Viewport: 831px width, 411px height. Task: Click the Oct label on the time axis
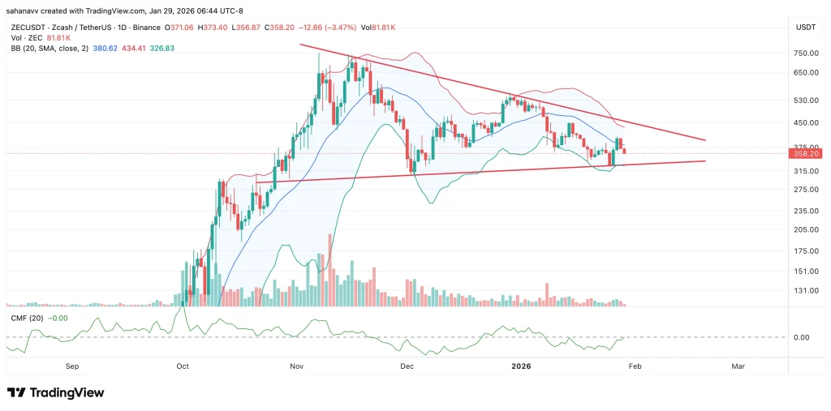pyautogui.click(x=182, y=366)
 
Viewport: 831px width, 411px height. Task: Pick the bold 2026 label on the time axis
pyautogui.click(x=521, y=366)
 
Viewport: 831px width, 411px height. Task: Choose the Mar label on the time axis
pyautogui.click(x=738, y=366)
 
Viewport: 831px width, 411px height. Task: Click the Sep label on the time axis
pyautogui.click(x=71, y=366)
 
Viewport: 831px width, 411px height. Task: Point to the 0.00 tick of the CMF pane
pyautogui.click(x=801, y=337)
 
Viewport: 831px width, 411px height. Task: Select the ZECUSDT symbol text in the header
pyautogui.click(x=27, y=28)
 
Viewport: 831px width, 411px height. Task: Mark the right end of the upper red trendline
pyautogui.click(x=705, y=140)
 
